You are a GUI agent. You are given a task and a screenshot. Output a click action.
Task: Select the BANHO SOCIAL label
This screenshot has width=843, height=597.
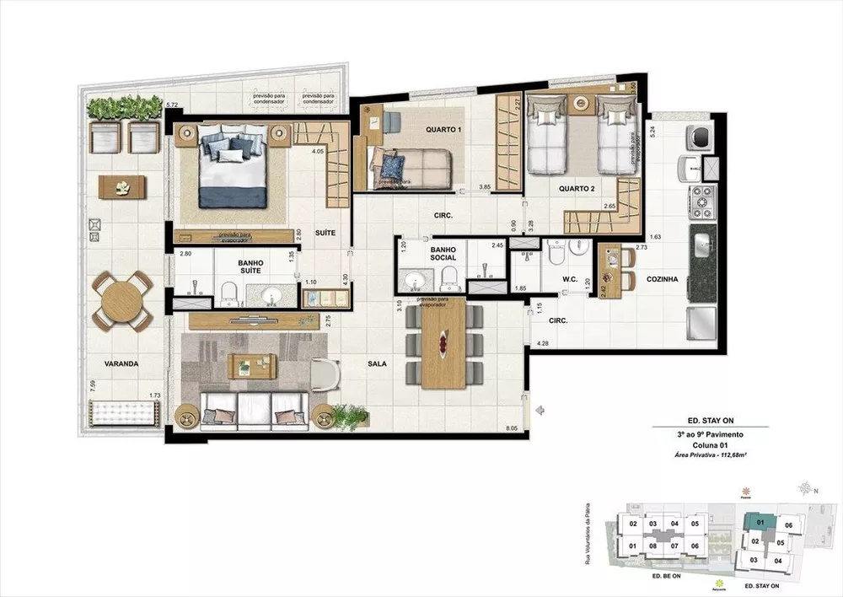tap(443, 254)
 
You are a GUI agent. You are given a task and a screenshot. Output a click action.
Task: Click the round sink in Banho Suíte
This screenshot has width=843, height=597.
tap(271, 295)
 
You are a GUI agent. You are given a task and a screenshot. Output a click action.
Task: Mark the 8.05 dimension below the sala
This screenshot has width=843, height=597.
tap(512, 428)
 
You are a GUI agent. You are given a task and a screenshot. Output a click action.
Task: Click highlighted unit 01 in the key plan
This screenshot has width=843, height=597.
tap(760, 523)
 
